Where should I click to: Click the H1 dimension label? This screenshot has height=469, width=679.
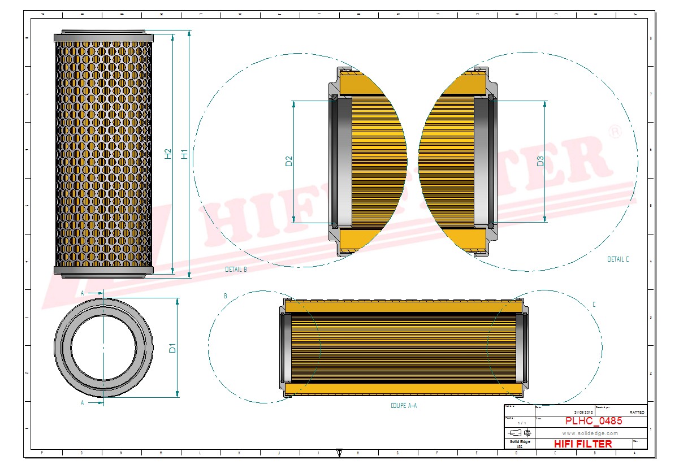click(x=184, y=153)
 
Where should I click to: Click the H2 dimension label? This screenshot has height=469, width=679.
click(x=168, y=153)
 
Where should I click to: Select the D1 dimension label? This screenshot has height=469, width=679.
click(x=173, y=348)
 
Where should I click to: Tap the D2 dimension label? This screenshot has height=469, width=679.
click(x=289, y=161)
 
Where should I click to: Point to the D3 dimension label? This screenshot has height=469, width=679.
click(x=540, y=161)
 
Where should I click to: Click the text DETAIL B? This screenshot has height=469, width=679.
click(x=236, y=270)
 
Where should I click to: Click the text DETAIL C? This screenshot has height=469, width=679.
click(x=618, y=259)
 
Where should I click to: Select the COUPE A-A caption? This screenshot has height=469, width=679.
click(x=404, y=406)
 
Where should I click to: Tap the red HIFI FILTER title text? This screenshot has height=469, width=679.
click(x=582, y=444)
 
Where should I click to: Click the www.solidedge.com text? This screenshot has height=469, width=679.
click(x=590, y=433)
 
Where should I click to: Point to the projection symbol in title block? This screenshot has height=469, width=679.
click(x=520, y=432)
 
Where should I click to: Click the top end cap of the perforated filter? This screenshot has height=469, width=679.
click(x=103, y=37)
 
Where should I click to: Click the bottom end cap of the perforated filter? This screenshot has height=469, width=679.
click(x=103, y=270)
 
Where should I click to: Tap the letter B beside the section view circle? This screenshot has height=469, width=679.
click(x=226, y=296)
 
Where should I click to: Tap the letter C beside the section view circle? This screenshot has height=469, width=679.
click(x=594, y=305)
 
